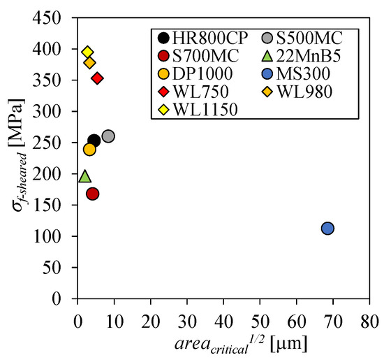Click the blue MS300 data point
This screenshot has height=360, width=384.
327,229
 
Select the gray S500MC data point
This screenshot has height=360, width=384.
108,136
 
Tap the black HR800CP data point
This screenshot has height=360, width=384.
94,141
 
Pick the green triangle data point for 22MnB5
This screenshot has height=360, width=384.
85,176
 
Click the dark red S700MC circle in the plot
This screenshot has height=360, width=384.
92,194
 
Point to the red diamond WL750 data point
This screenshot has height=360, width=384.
98,78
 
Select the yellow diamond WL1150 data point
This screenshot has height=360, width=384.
87,52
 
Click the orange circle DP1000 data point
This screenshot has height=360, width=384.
89,149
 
